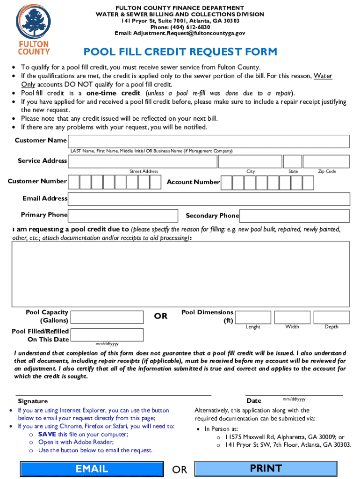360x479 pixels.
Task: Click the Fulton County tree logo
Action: (33, 23)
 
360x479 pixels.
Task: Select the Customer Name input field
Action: (209, 141)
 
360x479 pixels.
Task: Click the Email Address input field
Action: (209, 199)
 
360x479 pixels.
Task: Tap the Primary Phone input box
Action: (123, 215)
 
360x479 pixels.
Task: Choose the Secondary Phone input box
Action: (295, 216)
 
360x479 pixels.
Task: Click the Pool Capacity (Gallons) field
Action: (107, 317)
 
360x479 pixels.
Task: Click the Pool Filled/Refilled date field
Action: (107, 334)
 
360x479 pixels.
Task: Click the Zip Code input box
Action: (326, 161)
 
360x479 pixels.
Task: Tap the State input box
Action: (293, 161)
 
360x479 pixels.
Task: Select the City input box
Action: (251, 161)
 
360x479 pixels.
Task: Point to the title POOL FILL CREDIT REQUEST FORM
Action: (180, 52)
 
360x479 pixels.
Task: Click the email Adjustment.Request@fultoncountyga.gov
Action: (180, 33)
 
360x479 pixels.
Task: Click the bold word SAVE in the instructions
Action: (47, 434)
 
